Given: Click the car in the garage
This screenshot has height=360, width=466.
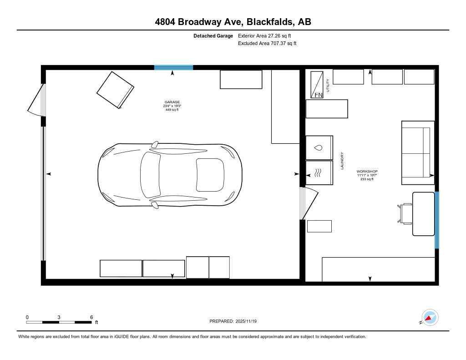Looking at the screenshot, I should tap(169, 174).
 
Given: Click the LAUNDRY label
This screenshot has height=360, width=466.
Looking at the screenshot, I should tap(342, 161).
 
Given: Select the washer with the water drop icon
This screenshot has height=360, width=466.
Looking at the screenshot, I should tap(319, 147).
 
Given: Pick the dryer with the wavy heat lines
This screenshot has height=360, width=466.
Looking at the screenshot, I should tap(319, 173).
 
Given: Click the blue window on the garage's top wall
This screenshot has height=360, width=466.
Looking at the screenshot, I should tap(173, 67).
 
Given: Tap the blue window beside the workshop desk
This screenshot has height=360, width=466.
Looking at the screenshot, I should tap(437, 220).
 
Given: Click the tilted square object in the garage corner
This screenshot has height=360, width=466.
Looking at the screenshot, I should tap(115, 90).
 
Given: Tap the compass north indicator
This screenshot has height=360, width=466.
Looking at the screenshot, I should tap(429, 317).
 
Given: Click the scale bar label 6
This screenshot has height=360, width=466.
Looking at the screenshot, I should tap(91, 317).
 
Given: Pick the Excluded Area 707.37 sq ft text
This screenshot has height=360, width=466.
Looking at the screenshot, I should tap(267, 44).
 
